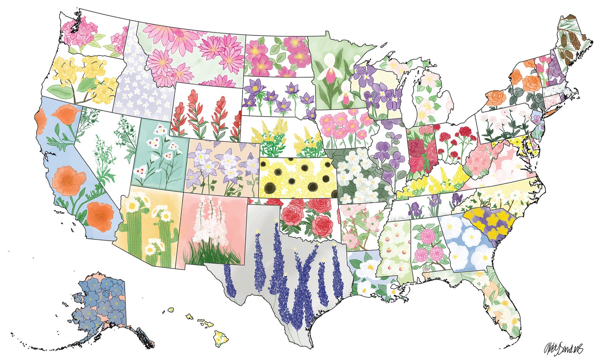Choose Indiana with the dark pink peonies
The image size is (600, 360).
pos(421,151)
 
